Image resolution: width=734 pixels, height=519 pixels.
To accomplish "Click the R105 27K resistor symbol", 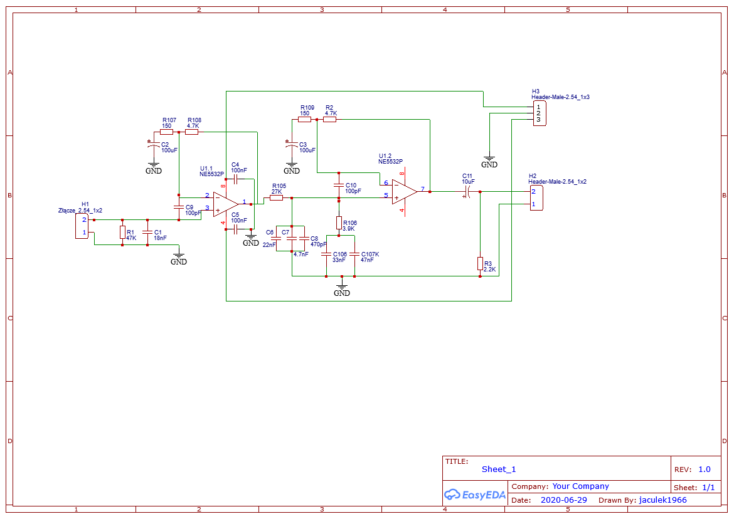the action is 276,198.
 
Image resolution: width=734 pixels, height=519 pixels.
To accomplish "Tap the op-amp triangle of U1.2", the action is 405,192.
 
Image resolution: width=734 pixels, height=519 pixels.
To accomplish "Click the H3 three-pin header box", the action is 540,113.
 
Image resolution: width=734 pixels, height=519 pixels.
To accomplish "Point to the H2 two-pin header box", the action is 536,198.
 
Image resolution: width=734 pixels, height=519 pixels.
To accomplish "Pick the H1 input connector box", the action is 82,226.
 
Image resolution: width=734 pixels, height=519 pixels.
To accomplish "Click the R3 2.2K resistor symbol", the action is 480,264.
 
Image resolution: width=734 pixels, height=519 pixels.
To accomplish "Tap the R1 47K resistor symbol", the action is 122,233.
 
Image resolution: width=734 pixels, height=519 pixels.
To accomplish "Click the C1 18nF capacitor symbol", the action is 147,233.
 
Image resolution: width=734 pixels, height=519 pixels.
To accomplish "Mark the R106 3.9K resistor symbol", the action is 339,223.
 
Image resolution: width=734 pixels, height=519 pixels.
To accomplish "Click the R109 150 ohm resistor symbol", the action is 304,120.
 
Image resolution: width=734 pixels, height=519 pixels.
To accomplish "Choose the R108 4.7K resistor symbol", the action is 191,132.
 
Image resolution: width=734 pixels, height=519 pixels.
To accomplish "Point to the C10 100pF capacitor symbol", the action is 339,186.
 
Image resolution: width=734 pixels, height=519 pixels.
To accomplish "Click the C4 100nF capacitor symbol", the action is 236,179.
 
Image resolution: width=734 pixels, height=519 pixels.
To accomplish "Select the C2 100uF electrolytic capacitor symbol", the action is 154,145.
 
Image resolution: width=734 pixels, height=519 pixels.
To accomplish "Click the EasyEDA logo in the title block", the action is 475,495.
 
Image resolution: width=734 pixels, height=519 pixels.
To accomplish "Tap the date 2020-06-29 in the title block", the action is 563,500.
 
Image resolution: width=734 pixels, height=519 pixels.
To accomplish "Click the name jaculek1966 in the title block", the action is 663,500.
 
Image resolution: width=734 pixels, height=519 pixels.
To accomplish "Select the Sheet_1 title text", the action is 499,469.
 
